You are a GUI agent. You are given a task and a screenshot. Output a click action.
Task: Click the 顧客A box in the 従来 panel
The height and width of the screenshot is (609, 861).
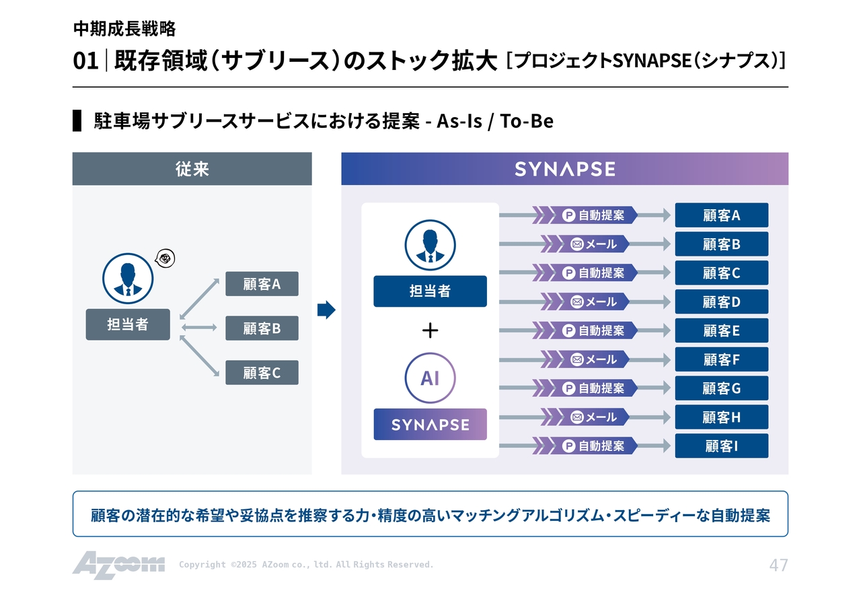point(262,284)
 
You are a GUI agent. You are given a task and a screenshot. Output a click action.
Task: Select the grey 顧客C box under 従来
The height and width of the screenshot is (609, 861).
point(262,372)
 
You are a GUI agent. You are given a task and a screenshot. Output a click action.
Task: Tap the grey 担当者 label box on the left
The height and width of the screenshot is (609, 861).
point(128,324)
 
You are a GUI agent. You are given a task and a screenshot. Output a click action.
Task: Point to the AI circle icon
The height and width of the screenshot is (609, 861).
point(430,378)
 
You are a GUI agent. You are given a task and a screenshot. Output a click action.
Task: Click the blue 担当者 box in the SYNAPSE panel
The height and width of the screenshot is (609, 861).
point(430,291)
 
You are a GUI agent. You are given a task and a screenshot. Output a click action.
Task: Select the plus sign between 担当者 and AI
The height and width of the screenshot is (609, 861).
point(430,330)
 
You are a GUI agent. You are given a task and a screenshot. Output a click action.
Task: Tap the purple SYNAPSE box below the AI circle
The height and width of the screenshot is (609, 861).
point(430,425)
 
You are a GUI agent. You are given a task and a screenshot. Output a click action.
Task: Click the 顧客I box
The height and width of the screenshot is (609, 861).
point(721,445)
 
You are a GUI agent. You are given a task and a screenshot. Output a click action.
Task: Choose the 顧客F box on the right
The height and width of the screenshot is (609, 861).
point(721,359)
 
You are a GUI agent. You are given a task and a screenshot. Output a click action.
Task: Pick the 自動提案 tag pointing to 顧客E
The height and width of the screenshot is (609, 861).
point(594,330)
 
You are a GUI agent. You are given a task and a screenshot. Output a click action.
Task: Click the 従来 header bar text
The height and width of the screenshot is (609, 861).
point(192,169)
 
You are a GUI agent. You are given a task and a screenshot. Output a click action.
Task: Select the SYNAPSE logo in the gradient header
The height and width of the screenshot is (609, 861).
point(564,169)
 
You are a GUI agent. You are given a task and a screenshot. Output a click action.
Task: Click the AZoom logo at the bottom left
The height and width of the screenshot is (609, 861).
point(118,565)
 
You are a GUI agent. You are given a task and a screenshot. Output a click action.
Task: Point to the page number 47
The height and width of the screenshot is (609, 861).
point(778,565)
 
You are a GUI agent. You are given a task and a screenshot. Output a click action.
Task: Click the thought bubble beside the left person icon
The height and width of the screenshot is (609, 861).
point(165,258)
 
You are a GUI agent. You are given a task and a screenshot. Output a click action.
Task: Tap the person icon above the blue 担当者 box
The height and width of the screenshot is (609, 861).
point(430,245)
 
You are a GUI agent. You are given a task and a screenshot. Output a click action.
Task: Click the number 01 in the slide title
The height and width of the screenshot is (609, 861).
point(85,61)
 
